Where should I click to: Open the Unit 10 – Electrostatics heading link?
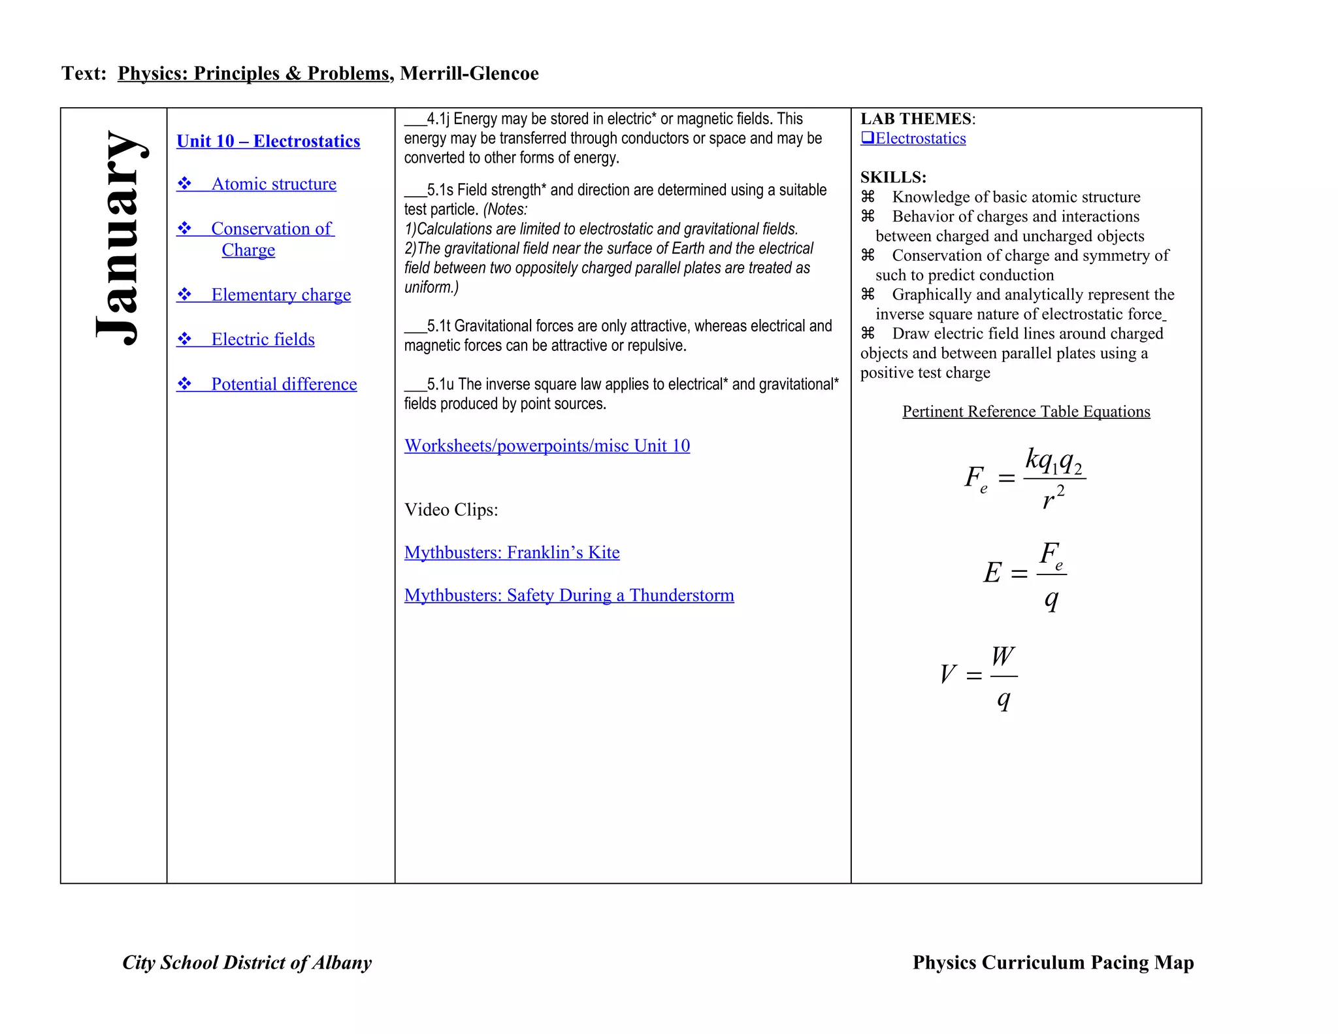click(x=268, y=141)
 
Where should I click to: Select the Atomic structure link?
click(x=273, y=184)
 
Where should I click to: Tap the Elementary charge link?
click(x=280, y=295)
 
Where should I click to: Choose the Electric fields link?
click(x=263, y=339)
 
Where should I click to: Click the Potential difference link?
click(x=284, y=384)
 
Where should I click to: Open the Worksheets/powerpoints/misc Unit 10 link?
click(x=547, y=446)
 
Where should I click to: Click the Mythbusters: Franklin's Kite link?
click(x=512, y=552)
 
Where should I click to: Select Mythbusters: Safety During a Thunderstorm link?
click(x=568, y=595)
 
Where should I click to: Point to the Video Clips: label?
click(x=451, y=510)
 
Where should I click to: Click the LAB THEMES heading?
click(x=917, y=119)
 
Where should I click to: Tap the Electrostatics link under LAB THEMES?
click(x=920, y=139)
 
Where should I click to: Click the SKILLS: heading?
click(x=893, y=177)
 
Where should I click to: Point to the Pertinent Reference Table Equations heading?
click(x=1026, y=412)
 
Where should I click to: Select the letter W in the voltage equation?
click(x=1003, y=656)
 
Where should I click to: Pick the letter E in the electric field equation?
click(x=992, y=573)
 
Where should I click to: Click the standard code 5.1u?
click(x=440, y=384)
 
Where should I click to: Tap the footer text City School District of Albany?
click(x=247, y=963)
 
